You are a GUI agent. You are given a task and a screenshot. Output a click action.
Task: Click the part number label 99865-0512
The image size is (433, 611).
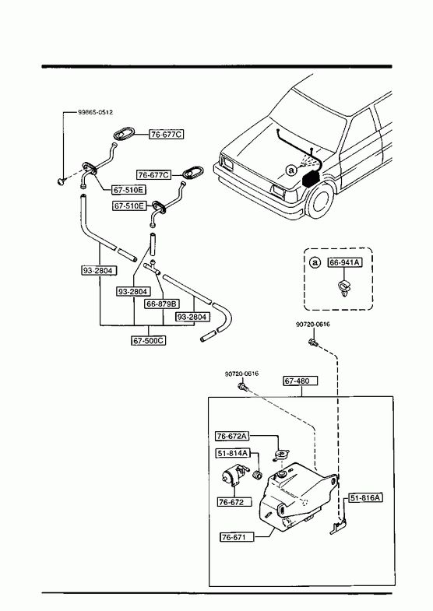(x=96, y=112)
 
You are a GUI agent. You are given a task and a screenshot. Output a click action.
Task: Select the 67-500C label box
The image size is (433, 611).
(x=148, y=341)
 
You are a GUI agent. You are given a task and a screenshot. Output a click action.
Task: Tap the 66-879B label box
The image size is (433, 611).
(x=162, y=304)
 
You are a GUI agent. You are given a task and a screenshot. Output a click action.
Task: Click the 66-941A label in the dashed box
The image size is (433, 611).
(x=344, y=262)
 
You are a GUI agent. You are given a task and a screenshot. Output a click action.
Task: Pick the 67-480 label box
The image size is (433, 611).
(x=300, y=381)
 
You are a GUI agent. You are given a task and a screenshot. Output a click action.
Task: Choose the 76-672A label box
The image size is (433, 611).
(x=232, y=436)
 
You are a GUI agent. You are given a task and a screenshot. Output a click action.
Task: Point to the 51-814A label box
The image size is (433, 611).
(x=232, y=453)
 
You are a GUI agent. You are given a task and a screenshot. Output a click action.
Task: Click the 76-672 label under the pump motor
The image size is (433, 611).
(x=234, y=502)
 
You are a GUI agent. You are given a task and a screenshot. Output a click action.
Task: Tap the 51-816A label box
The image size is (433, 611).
(x=365, y=497)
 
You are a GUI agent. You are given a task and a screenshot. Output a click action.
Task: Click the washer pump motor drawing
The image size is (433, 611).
(x=234, y=475)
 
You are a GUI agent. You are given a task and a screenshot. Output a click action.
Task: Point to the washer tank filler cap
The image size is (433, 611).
(x=281, y=455)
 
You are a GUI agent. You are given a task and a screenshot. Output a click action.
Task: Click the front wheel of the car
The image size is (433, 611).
(x=322, y=203)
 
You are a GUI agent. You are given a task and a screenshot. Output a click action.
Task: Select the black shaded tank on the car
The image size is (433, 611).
(x=312, y=178)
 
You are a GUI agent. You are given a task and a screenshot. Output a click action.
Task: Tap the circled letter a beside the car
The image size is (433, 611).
(x=290, y=170)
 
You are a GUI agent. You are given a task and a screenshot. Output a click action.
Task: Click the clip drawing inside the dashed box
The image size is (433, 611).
(x=343, y=287)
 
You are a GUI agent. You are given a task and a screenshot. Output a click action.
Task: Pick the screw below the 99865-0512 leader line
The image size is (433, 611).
(x=61, y=181)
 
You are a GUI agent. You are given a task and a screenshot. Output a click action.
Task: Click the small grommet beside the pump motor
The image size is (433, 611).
(x=257, y=476)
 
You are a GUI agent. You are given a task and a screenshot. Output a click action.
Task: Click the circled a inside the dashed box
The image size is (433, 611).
(x=315, y=262)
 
